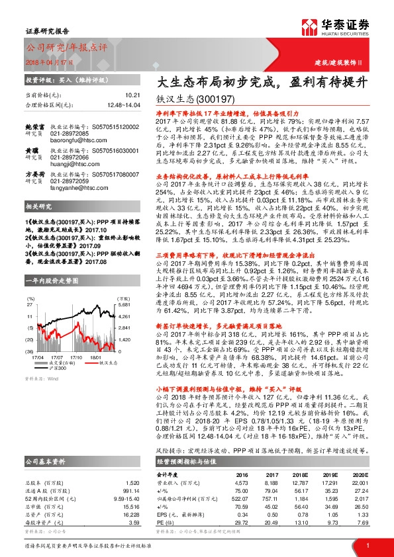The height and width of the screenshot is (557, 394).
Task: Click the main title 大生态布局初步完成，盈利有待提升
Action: pyautogui.click(x=263, y=83)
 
